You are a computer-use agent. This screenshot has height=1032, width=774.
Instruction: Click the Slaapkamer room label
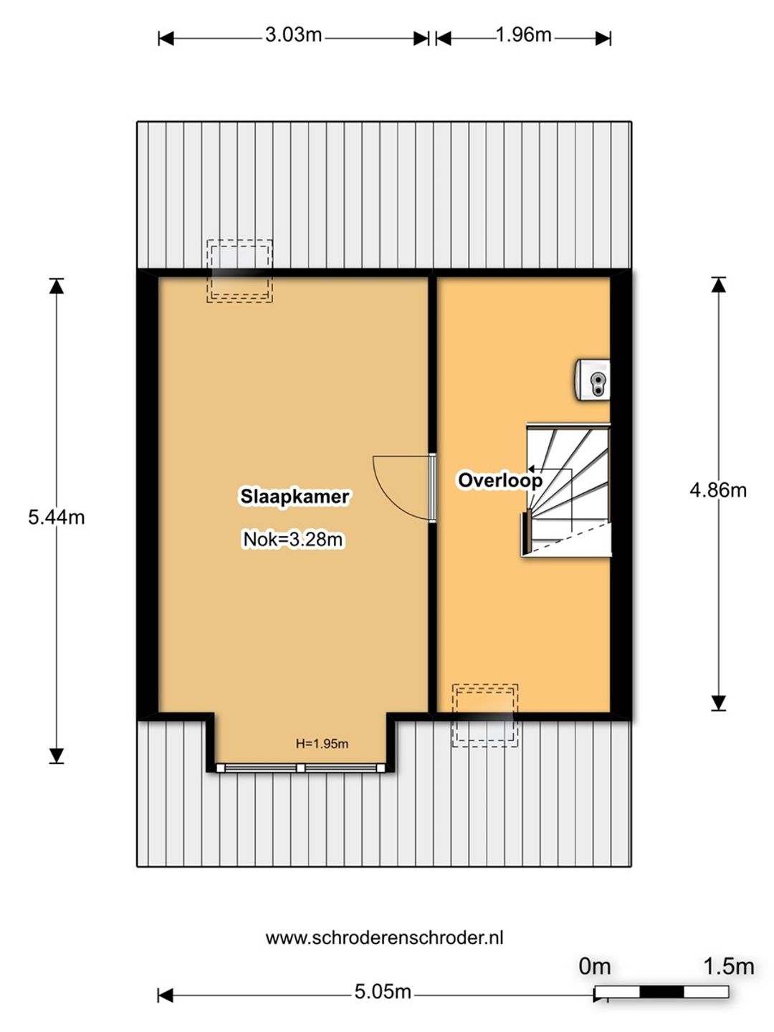(x=295, y=497)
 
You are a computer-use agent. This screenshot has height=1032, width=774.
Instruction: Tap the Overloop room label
(x=500, y=480)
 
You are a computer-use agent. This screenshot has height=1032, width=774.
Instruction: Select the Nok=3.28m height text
(x=293, y=539)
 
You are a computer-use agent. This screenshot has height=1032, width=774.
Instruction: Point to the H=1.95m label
(x=322, y=743)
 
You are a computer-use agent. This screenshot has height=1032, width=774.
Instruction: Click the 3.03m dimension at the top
(x=293, y=35)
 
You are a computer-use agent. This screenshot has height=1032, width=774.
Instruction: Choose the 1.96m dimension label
(x=523, y=35)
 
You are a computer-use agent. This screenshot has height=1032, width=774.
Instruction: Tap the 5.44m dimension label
(x=57, y=517)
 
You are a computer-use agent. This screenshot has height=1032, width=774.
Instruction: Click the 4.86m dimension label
(x=717, y=490)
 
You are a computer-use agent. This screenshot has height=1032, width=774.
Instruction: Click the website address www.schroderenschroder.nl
(x=384, y=938)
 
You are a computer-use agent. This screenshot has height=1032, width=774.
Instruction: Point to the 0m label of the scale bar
(x=595, y=967)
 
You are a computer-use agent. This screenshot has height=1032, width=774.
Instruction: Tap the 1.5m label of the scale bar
(x=728, y=967)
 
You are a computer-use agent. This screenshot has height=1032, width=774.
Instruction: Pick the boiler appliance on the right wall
(x=593, y=379)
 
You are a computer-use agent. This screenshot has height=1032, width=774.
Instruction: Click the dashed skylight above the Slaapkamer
(x=239, y=271)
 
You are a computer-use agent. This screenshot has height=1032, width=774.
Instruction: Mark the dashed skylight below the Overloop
(x=485, y=715)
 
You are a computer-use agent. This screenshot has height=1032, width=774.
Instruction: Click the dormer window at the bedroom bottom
(x=300, y=768)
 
